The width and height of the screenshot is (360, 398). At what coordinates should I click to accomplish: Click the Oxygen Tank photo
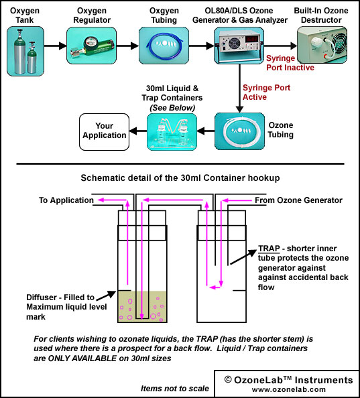[25, 52]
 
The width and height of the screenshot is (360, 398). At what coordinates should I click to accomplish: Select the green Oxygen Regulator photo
[91, 46]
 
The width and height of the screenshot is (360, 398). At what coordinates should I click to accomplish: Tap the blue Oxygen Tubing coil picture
[164, 46]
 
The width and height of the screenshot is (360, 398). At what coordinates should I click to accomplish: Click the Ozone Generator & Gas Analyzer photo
[239, 46]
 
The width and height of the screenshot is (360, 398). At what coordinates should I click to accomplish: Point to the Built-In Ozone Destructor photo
[322, 45]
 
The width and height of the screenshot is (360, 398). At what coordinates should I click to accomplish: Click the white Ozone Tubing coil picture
[239, 131]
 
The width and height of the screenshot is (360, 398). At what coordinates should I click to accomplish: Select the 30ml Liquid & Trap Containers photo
[172, 132]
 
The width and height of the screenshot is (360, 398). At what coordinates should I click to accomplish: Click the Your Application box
[104, 132]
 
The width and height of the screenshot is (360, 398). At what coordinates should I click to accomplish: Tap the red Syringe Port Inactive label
[290, 63]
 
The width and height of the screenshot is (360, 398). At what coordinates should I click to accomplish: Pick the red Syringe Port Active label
[266, 92]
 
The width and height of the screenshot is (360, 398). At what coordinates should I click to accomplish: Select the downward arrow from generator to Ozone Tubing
[239, 88]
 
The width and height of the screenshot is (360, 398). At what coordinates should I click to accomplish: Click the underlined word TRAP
[269, 249]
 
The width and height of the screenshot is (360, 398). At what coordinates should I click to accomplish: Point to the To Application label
[66, 200]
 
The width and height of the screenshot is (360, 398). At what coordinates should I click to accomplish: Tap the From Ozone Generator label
[298, 200]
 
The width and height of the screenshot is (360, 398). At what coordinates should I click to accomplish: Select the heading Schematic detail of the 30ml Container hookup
[180, 178]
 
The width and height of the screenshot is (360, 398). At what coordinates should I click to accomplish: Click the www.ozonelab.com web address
[289, 389]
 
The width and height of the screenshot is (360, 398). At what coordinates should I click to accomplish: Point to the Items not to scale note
[175, 389]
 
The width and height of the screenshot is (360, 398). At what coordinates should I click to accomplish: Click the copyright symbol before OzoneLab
[228, 380]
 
